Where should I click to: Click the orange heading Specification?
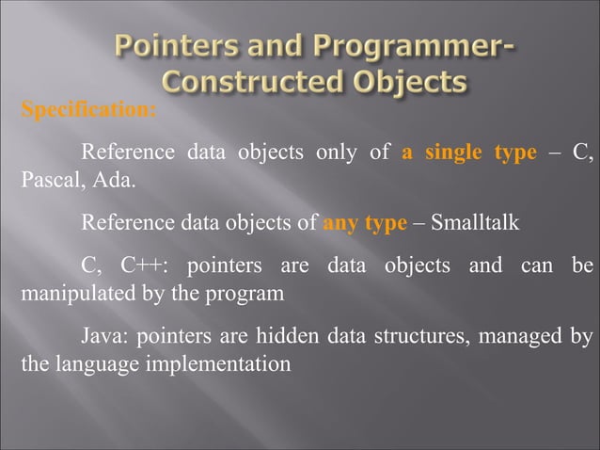coord(87,110)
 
